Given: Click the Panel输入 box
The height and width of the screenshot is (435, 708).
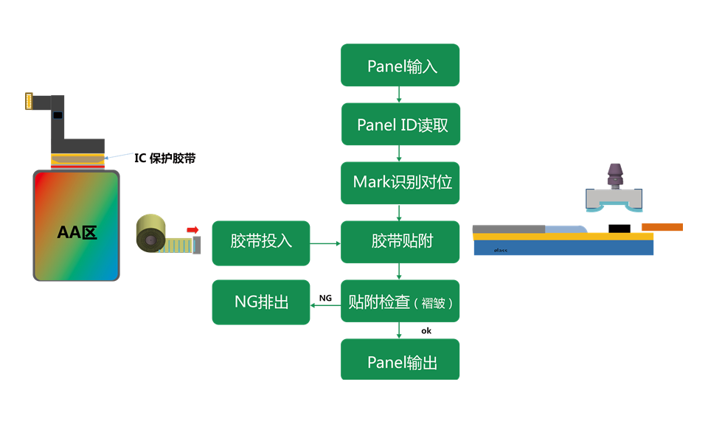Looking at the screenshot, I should [x=400, y=66].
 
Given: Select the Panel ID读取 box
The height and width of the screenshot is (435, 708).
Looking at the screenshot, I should [x=400, y=125].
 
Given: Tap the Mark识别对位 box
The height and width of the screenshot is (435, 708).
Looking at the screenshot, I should [x=400, y=183].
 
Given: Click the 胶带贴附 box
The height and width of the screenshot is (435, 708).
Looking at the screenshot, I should [x=400, y=242].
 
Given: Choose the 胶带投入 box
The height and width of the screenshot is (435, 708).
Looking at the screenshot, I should [x=261, y=243].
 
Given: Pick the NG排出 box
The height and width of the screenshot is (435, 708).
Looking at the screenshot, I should [x=261, y=302].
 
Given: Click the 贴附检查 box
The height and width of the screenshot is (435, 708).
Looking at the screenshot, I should [x=400, y=302].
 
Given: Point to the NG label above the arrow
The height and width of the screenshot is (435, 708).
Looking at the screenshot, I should [x=325, y=298].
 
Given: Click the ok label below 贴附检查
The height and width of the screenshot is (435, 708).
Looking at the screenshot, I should [x=426, y=331].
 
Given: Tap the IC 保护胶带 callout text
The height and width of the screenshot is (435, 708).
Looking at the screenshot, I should [x=164, y=158].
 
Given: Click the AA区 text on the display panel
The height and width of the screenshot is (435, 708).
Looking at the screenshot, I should [x=77, y=233].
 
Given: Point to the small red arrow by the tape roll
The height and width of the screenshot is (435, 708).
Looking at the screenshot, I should [x=193, y=230].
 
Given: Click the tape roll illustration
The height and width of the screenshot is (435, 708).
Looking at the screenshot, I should [x=152, y=237].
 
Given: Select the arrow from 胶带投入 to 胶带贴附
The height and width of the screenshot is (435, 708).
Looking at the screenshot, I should [x=324, y=243].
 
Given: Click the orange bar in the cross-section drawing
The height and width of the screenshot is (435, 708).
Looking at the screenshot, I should [x=662, y=227].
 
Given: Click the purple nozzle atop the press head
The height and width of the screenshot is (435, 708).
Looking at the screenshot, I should [x=614, y=176].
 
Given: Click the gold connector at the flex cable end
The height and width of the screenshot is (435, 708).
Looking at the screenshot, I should [x=29, y=101].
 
